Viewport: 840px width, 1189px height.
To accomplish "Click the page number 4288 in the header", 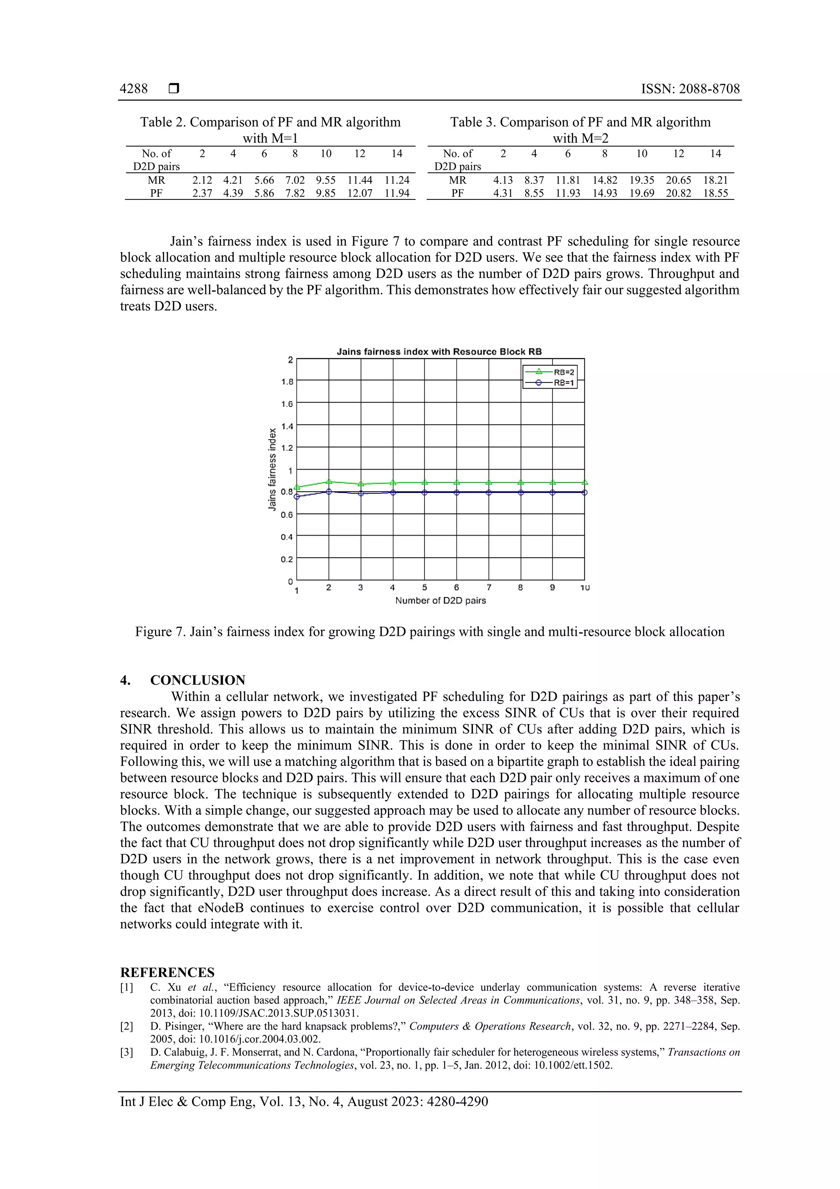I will click(x=134, y=89).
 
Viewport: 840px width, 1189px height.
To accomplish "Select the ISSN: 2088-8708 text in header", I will click(x=690, y=89).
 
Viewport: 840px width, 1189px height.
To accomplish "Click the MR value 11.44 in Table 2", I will click(x=360, y=180).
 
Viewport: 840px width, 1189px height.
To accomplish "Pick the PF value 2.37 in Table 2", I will click(x=202, y=193).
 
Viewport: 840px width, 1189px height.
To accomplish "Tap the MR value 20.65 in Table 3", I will click(x=678, y=180).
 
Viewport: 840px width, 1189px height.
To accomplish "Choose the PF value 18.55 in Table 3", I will click(x=715, y=193).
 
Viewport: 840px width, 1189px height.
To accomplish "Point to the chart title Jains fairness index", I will click(x=439, y=352).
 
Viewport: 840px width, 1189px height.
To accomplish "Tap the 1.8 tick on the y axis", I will click(x=287, y=382).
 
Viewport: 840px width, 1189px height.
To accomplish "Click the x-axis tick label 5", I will click(x=425, y=587).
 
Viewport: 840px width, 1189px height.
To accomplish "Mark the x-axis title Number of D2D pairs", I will click(x=441, y=601).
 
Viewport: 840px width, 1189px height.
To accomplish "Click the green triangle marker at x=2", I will click(x=329, y=481).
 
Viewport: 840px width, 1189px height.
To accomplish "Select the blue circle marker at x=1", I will click(x=297, y=497).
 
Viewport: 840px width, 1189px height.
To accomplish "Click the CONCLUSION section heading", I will click(x=198, y=680).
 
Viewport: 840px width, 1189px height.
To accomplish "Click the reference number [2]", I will click(x=127, y=1026).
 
